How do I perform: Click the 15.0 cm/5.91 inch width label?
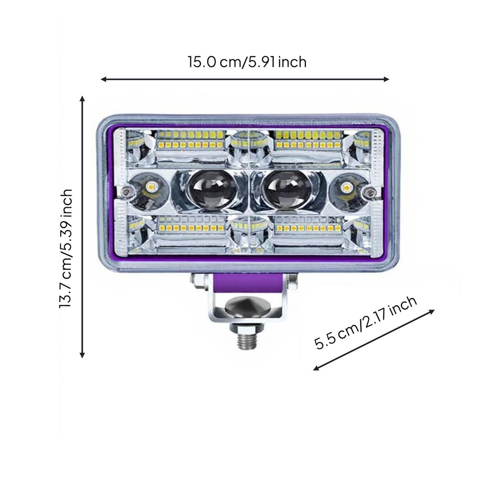tap(247, 62)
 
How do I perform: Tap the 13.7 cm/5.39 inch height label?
tap(66, 248)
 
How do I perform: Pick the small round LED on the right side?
tap(346, 188)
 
